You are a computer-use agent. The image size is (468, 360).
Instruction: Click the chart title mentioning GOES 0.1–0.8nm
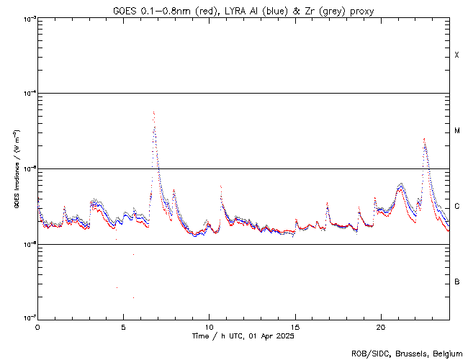[243, 10]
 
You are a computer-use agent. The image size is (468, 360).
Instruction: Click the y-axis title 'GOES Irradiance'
[16, 169]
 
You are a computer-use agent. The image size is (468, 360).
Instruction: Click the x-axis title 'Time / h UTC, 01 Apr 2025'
[243, 336]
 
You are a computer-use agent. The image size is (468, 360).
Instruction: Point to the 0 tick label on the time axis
[37, 326]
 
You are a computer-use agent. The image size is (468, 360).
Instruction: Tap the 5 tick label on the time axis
[123, 326]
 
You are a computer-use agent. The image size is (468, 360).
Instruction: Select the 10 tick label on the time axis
[209, 326]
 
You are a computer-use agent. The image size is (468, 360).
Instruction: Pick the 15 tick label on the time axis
[294, 326]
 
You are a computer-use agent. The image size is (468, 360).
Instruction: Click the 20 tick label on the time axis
[380, 326]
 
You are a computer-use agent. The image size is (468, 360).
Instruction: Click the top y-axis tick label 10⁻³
[27, 19]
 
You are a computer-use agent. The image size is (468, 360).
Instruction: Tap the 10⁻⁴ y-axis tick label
[27, 94]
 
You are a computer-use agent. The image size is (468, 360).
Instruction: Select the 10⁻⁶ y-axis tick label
[27, 244]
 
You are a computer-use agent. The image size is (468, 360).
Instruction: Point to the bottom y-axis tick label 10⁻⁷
[27, 319]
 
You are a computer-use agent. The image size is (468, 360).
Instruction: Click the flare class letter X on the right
[457, 55]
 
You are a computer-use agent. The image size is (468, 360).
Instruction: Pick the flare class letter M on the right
[457, 131]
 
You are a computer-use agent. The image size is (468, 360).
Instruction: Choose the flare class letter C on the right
[457, 207]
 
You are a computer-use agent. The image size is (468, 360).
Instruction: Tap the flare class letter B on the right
[457, 282]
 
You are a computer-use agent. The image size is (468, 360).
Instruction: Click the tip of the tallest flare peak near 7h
[153, 112]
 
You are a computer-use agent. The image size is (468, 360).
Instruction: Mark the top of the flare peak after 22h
[424, 138]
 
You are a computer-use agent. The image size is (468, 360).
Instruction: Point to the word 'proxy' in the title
[362, 10]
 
